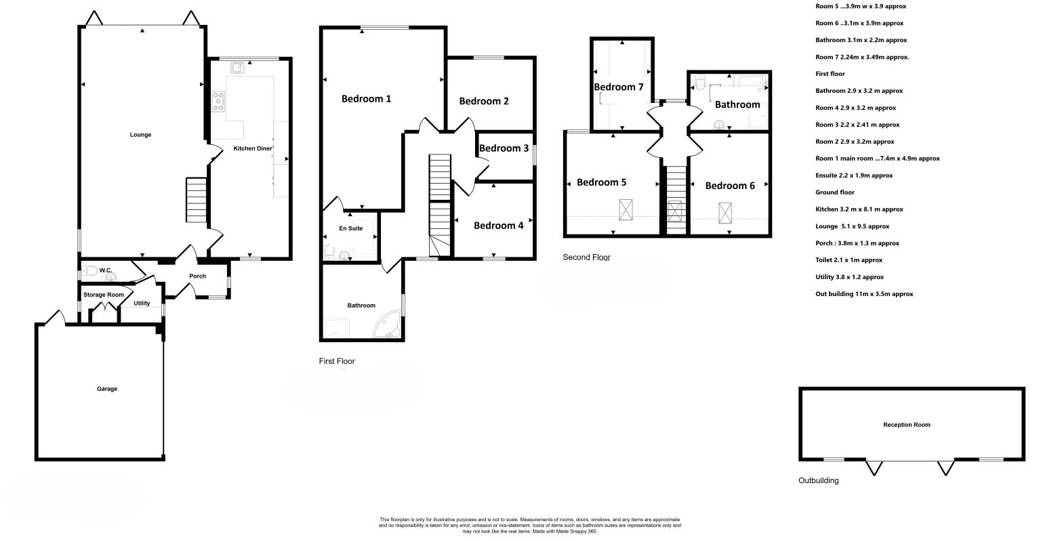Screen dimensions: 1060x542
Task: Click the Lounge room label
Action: click(140, 135)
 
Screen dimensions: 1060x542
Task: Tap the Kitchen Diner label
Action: click(253, 148)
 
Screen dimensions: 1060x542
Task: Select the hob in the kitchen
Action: click(218, 102)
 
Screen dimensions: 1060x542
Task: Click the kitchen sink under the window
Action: click(237, 68)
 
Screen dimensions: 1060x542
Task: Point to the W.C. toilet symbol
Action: click(90, 271)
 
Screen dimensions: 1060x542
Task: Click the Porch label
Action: click(198, 276)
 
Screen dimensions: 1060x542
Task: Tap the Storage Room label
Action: click(104, 295)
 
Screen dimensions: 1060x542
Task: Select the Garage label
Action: click(107, 389)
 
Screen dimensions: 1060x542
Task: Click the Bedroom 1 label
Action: click(366, 99)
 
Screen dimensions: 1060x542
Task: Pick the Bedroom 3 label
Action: click(504, 148)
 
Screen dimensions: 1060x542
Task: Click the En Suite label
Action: click(351, 228)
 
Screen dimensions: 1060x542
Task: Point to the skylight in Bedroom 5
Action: click(626, 210)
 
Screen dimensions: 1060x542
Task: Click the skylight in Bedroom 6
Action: click(725, 213)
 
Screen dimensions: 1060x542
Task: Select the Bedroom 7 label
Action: click(619, 87)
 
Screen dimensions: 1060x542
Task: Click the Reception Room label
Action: click(907, 425)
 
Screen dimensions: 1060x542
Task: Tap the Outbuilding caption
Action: click(819, 480)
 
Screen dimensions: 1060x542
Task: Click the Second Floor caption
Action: click(587, 257)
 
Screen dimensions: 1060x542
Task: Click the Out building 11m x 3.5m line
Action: click(864, 294)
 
